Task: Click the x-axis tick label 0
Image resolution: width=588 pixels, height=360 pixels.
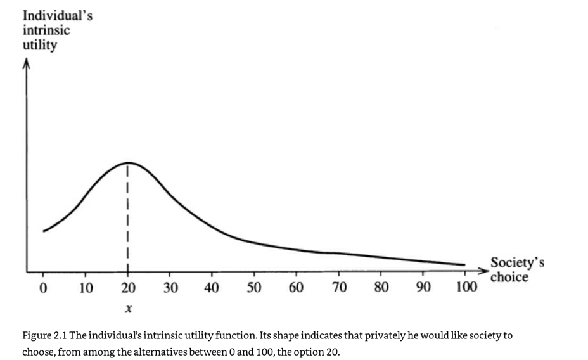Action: (42, 289)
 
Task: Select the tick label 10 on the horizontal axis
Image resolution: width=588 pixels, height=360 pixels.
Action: (86, 289)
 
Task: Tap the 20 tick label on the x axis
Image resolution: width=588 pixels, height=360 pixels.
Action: (127, 289)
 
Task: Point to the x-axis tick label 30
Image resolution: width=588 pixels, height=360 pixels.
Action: (170, 289)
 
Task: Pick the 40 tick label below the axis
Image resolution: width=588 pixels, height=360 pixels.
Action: (212, 289)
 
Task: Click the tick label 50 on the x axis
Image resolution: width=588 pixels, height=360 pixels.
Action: (254, 289)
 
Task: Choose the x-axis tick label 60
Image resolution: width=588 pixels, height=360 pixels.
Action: (296, 289)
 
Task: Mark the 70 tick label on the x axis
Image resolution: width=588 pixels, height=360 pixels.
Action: (338, 289)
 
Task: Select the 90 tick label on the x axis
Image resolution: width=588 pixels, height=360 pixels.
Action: (423, 289)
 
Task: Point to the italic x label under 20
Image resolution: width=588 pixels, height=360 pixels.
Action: (128, 311)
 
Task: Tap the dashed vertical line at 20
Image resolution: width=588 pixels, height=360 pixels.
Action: (128, 215)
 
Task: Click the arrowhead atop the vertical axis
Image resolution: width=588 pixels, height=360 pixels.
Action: (26, 63)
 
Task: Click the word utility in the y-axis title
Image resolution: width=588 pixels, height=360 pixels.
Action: (39, 46)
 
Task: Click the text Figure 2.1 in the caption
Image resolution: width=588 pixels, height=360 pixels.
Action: (44, 335)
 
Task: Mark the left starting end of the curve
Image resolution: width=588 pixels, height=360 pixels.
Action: (44, 231)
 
